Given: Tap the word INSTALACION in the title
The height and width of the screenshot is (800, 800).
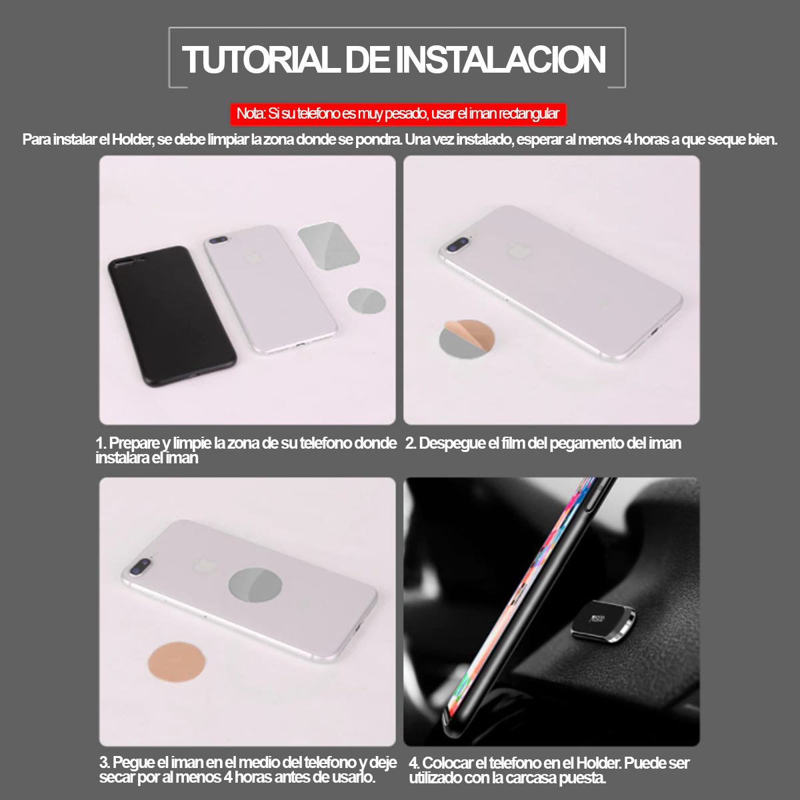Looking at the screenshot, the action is tap(501, 59).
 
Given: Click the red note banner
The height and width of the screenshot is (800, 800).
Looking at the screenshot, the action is tap(398, 114).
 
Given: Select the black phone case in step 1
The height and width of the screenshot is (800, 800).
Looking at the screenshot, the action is tap(171, 315).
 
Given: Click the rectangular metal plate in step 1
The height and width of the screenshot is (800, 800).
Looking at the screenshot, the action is tap(329, 245).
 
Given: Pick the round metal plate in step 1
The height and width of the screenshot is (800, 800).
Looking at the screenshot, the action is tap(367, 301).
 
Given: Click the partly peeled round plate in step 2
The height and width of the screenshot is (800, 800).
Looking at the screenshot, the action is tap(467, 339).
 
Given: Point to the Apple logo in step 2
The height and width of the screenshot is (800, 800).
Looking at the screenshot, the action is tap(515, 251).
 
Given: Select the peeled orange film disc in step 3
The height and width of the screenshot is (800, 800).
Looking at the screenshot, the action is tap(177, 661).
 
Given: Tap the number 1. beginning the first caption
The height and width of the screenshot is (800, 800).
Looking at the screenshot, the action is tap(101, 443).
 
